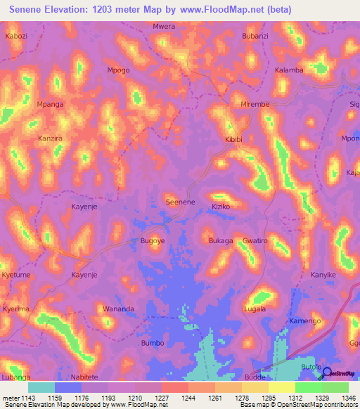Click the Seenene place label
click(x=180, y=202)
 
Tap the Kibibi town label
click(x=233, y=140)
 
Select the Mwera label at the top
click(x=163, y=27)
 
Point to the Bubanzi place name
click(x=255, y=36)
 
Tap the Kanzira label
click(x=50, y=138)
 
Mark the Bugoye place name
click(x=153, y=241)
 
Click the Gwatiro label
click(x=255, y=241)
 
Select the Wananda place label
click(x=118, y=309)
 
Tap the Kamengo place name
click(x=304, y=320)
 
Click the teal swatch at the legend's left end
click(x=41, y=387)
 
